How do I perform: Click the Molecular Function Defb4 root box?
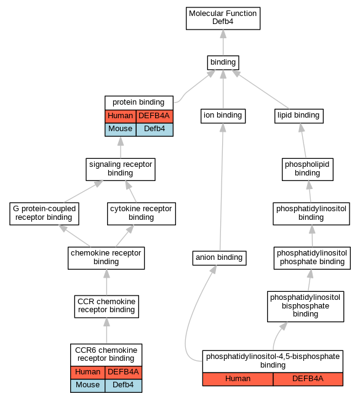tap(223, 18)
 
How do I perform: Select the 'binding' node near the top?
tap(223, 63)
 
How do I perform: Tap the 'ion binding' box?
tap(223, 116)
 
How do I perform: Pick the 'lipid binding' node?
tap(298, 116)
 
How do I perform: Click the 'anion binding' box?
tap(220, 258)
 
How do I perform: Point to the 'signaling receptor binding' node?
tap(121, 169)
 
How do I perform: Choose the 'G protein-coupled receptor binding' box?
tap(44, 214)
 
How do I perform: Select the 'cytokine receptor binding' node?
tap(142, 214)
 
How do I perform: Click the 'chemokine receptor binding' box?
tap(106, 258)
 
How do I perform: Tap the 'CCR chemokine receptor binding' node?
tap(106, 307)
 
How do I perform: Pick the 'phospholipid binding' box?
tap(308, 169)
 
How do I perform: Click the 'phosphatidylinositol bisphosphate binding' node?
tap(306, 307)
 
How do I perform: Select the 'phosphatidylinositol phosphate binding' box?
tap(312, 258)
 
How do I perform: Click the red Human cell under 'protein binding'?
tap(121, 116)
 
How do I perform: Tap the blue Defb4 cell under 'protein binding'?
tap(154, 129)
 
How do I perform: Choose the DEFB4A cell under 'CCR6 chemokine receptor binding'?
tap(123, 373)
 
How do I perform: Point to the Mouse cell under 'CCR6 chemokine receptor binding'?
tap(88, 385)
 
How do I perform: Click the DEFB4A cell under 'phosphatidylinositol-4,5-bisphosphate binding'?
tap(308, 379)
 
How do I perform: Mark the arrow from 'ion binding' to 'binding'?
tap(223, 89)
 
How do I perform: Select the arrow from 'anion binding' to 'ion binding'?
tap(222, 187)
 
